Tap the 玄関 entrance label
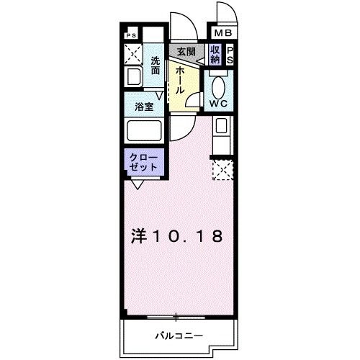tap(187, 52)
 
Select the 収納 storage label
tap(215, 54)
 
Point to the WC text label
tap(219, 104)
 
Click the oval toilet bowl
tap(219, 85)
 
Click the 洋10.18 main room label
tap(176, 235)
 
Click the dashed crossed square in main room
tap(222, 171)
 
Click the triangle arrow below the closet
tap(136, 184)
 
